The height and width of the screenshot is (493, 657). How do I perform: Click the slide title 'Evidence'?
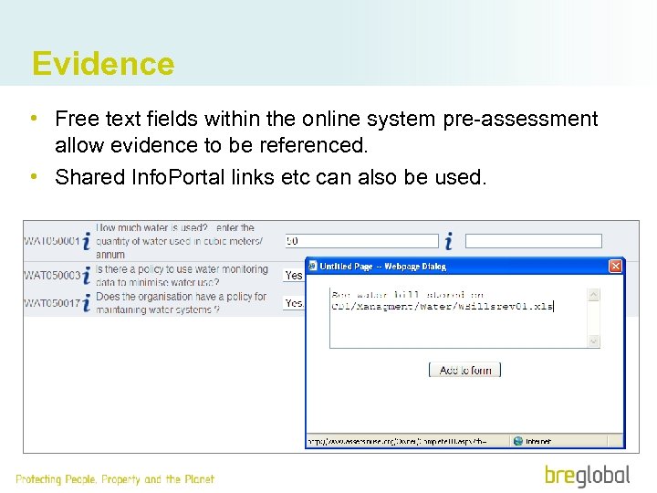point(102,64)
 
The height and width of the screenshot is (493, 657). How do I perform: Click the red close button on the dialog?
point(615,266)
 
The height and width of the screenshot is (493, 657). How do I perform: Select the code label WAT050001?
point(52,242)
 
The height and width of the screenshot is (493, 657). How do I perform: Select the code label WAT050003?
point(52,275)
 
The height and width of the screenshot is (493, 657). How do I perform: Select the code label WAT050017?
point(52,303)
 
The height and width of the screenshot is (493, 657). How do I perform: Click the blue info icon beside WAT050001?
point(87,241)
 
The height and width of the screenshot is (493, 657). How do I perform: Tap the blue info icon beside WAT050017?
point(87,303)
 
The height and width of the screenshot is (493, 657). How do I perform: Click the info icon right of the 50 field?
point(448,241)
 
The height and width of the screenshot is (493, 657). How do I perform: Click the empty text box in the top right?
point(533,241)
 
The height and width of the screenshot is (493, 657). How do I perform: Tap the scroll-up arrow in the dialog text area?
point(593,295)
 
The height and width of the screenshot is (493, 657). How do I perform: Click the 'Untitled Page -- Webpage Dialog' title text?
point(381,267)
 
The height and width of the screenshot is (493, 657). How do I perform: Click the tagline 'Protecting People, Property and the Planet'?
point(115,479)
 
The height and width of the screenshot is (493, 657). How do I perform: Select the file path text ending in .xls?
point(443,307)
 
